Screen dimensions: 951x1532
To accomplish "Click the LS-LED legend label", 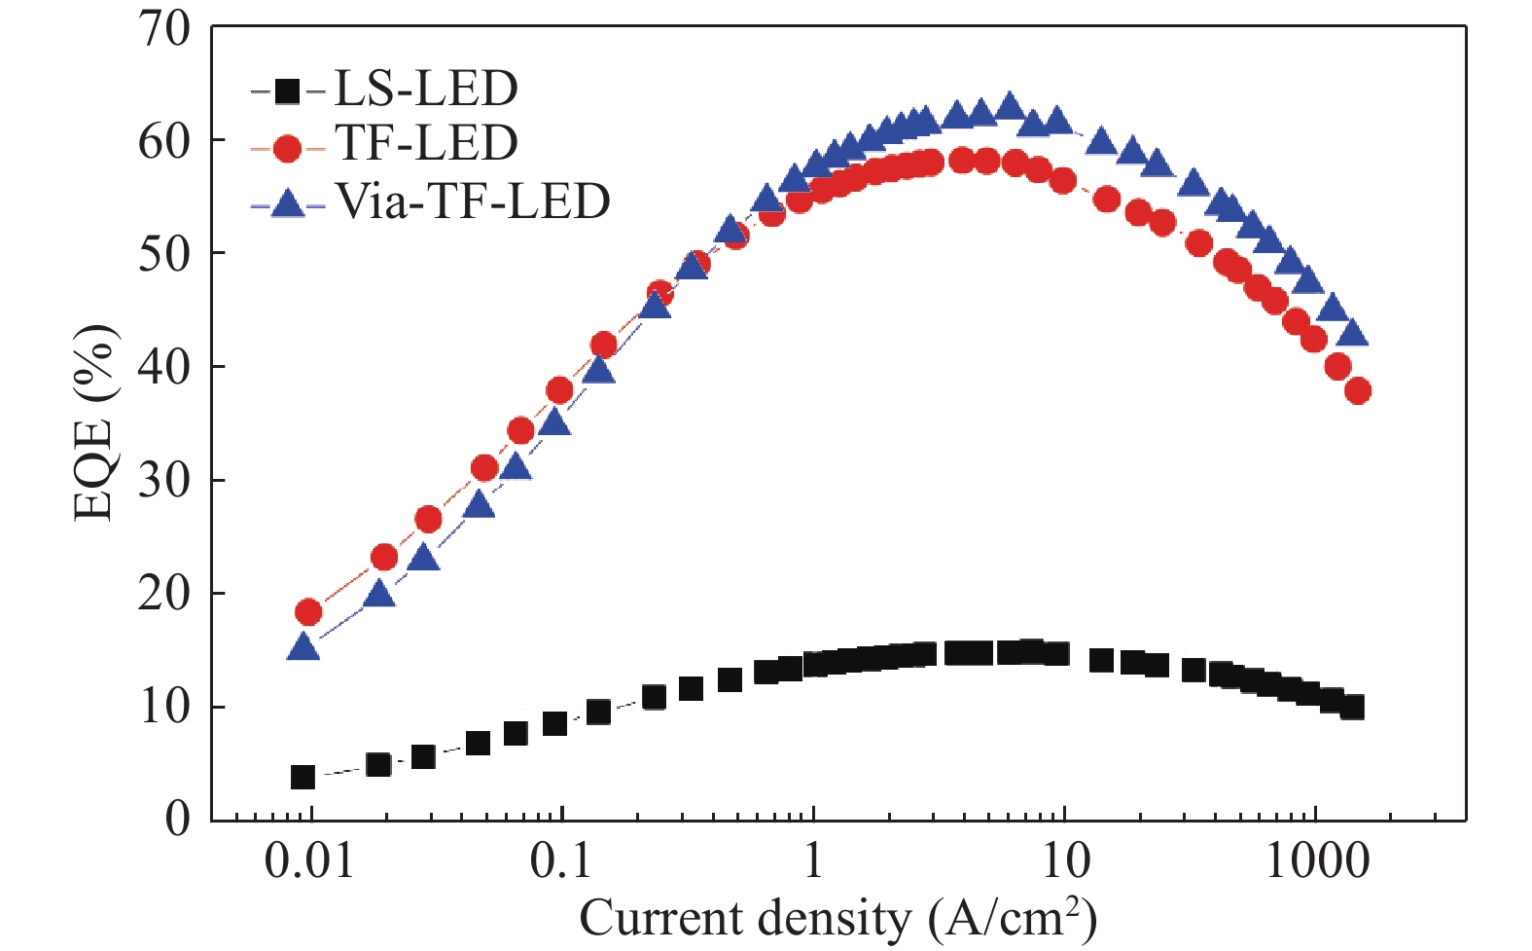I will click(x=426, y=90).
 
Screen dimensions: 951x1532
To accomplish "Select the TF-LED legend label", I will click(x=426, y=144).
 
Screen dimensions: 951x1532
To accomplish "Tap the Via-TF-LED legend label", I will click(x=473, y=201).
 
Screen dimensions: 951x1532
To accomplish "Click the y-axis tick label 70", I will click(x=164, y=29).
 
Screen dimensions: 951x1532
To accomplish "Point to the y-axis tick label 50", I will click(x=164, y=254).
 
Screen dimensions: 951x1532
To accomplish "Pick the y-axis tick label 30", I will click(x=164, y=480).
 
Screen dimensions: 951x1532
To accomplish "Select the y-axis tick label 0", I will click(x=177, y=819).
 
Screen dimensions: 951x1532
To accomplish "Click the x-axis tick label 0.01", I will click(x=309, y=861).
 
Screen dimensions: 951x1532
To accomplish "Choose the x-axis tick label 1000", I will click(x=1317, y=861).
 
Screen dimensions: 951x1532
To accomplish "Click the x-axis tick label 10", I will click(x=1065, y=861).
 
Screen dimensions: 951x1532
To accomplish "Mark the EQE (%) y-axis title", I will click(x=95, y=423).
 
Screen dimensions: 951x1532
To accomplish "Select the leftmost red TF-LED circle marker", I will click(x=308, y=612).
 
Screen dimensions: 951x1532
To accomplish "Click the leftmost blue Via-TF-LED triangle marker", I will click(x=303, y=646).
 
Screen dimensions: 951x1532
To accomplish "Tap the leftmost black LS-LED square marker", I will click(x=303, y=777).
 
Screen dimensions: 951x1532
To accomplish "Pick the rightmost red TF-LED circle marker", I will click(x=1358, y=391).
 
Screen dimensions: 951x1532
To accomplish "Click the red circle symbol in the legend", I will click(x=288, y=148).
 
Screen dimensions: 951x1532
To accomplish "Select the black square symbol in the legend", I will click(x=287, y=91).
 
